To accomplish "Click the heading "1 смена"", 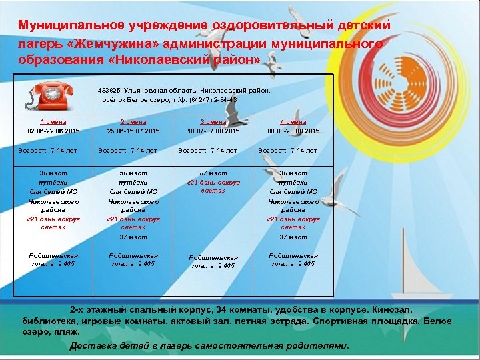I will (53, 122).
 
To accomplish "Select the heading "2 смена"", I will (133, 122).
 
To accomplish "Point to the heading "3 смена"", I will (213, 122).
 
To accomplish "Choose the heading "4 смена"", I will (293, 122).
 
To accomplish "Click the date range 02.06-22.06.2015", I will (53, 131).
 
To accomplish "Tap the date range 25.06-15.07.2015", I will (133, 131).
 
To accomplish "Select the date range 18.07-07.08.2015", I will (213, 131).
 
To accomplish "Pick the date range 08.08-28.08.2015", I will (293, 131).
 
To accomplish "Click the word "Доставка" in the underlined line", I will (92, 346).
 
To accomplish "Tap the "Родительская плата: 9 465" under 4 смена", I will (293, 259).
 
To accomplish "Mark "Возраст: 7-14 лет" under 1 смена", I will (47, 151).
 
